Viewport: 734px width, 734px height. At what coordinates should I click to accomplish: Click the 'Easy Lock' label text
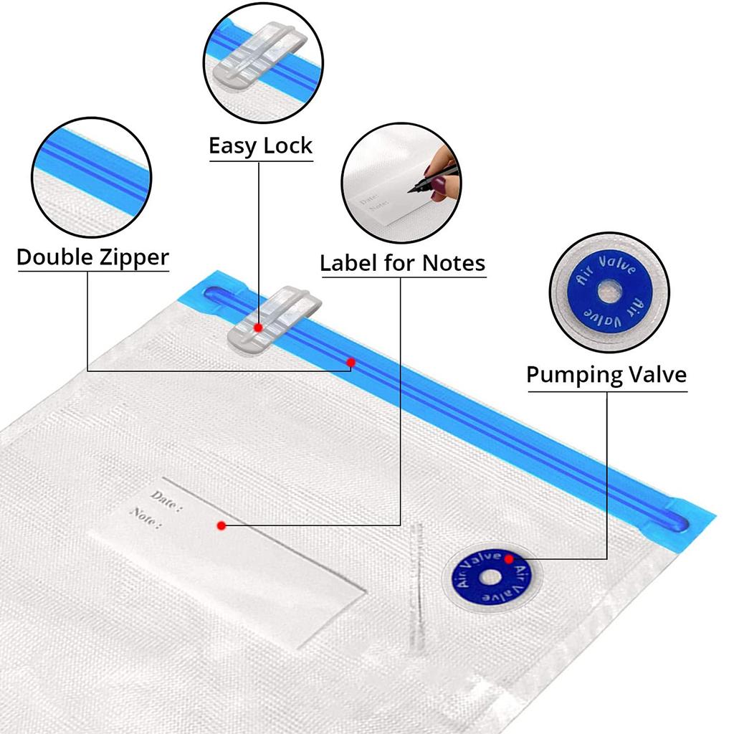(x=260, y=146)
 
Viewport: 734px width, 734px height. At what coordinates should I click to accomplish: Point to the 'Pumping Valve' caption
(x=606, y=374)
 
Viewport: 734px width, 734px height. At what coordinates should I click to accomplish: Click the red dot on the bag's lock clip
(x=258, y=327)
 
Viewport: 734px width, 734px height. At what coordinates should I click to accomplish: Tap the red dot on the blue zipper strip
(x=351, y=363)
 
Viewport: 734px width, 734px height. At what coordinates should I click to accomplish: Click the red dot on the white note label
(x=221, y=525)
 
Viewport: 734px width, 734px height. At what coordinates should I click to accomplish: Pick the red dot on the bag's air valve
(x=508, y=559)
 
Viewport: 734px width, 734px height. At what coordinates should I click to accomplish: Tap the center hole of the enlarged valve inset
(x=611, y=291)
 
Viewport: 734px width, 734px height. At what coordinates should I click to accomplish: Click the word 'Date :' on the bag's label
(x=166, y=499)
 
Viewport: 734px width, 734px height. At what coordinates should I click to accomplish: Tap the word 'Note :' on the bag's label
(x=146, y=517)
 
